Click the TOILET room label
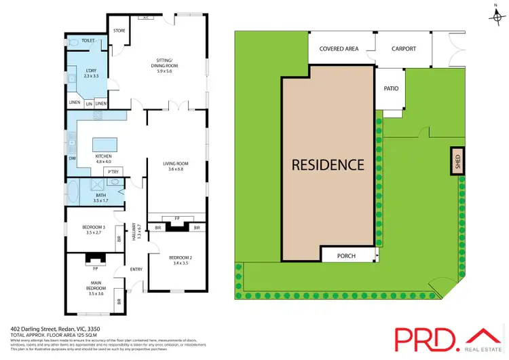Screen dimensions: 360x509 pyautogui.click(x=88, y=41)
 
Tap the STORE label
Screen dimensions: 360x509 pyautogui.click(x=119, y=30)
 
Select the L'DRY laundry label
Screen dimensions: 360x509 pyautogui.click(x=91, y=71)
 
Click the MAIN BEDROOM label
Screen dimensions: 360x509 pyautogui.click(x=95, y=285)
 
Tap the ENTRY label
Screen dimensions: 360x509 pyautogui.click(x=137, y=270)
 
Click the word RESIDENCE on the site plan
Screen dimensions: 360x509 pyautogui.click(x=328, y=164)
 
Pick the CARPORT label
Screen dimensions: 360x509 pyautogui.click(x=402, y=49)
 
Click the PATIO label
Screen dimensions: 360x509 pyautogui.click(x=390, y=88)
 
